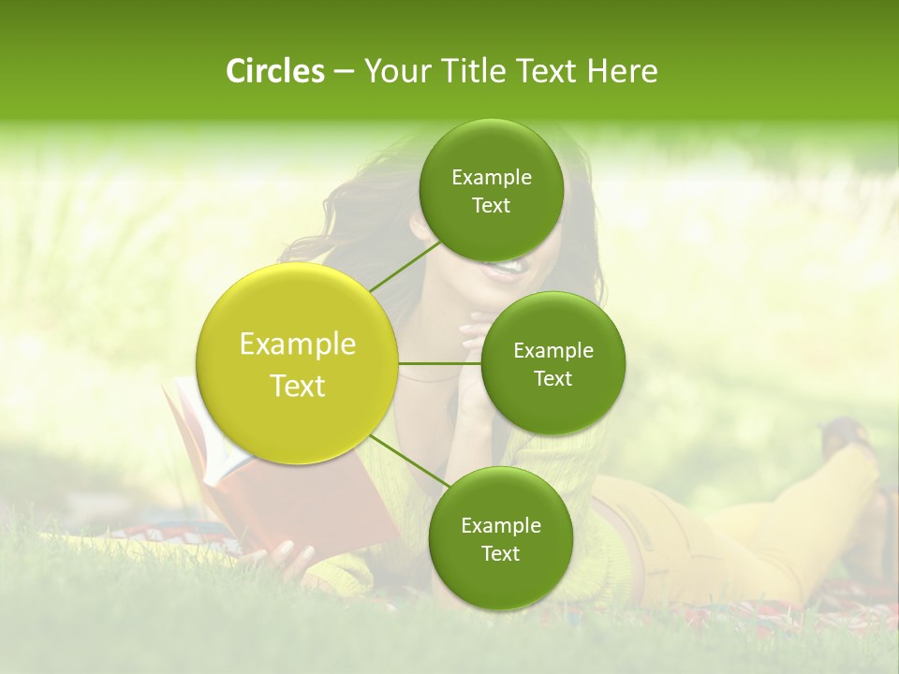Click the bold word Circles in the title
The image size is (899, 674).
[274, 71]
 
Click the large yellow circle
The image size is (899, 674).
[297, 363]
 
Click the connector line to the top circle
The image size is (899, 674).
[405, 265]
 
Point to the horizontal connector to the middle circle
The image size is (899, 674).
[440, 362]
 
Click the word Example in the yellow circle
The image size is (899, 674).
[298, 344]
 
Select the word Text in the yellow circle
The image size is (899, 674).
[298, 386]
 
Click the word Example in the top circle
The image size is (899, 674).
[491, 178]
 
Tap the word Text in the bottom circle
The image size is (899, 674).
[500, 553]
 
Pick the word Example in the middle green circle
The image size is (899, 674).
[553, 351]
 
